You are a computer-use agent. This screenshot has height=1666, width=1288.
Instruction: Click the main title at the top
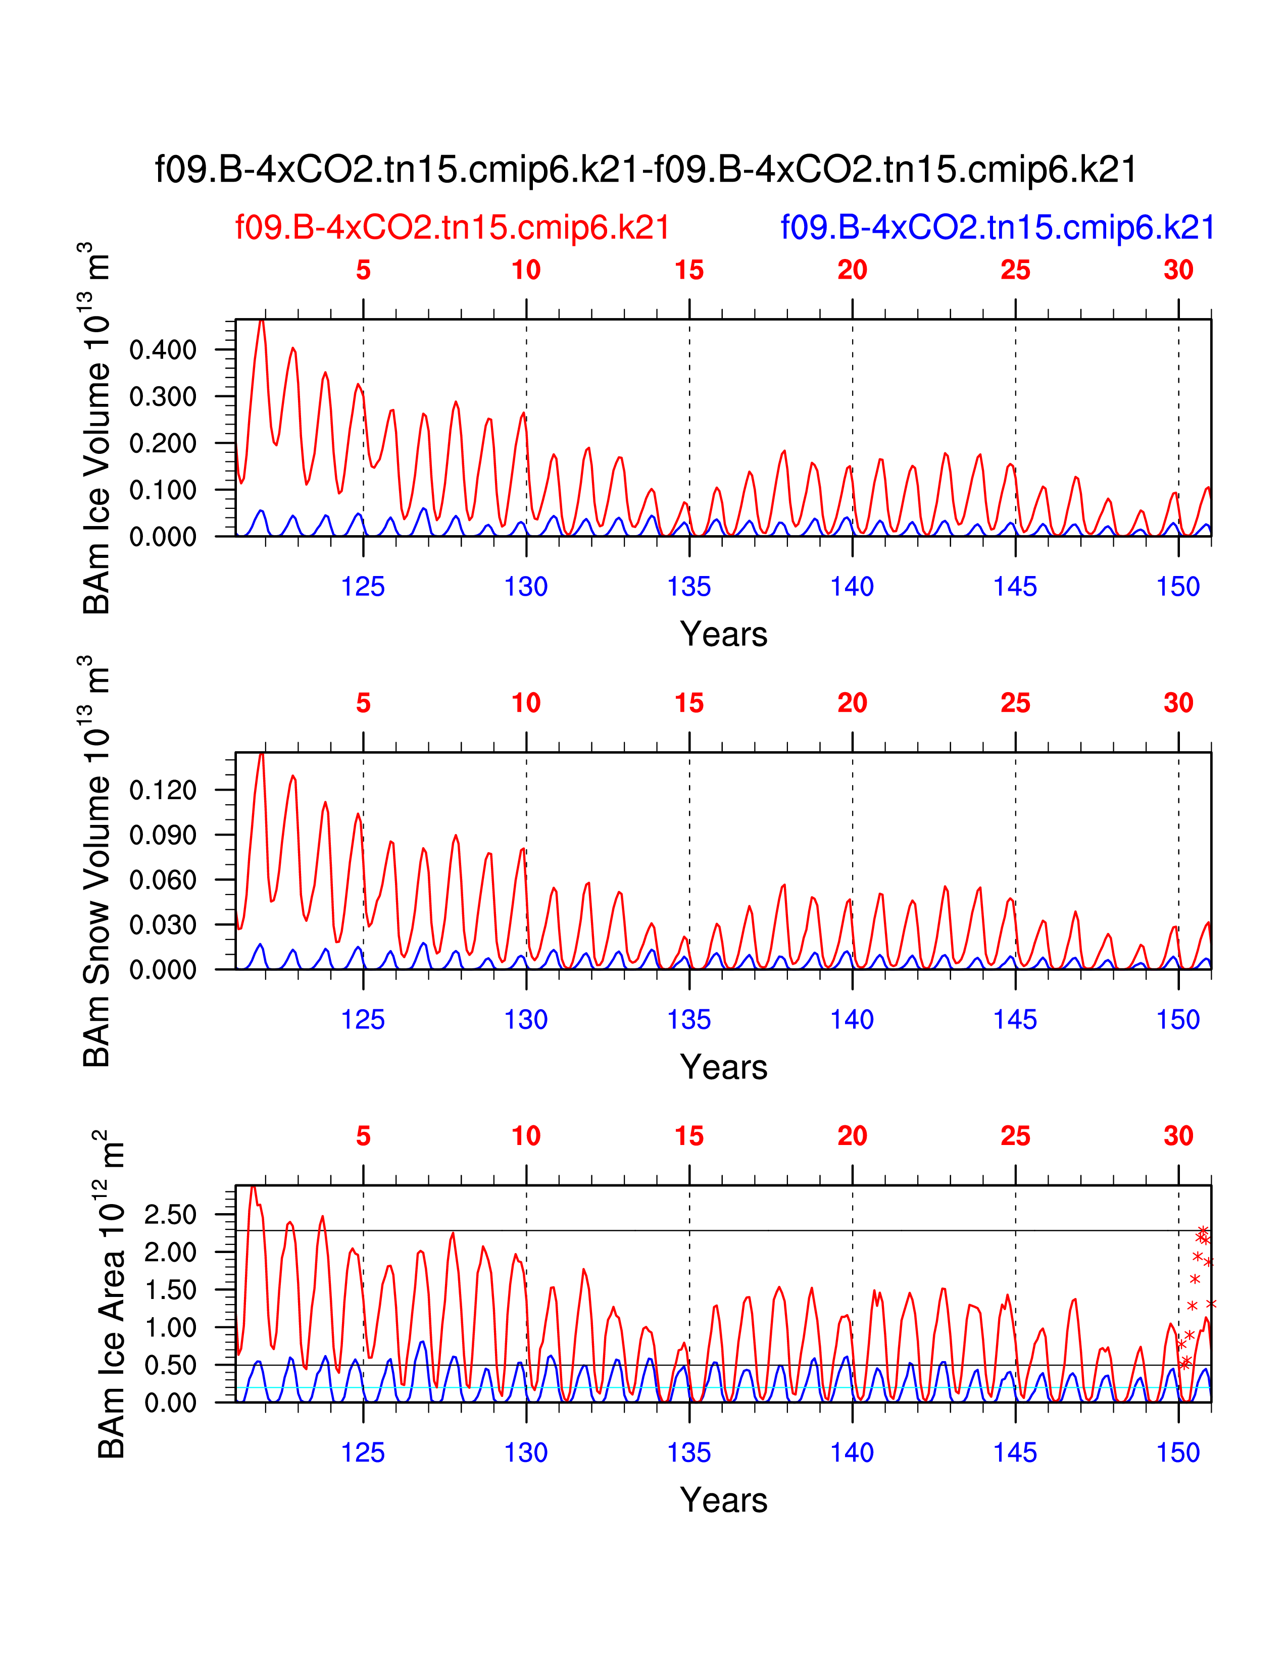pos(646,169)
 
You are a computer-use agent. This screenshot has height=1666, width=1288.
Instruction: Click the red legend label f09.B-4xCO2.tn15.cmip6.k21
pos(453,227)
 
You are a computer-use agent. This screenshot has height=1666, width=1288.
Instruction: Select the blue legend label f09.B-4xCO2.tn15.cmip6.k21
pos(997,227)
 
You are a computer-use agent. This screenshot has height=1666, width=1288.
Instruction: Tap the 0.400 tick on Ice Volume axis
pos(163,350)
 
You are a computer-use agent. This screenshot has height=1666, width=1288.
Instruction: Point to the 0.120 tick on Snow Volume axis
pos(163,790)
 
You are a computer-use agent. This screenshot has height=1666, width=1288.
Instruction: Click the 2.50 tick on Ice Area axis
pos(170,1215)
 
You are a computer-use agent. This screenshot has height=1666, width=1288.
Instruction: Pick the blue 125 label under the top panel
pos(363,587)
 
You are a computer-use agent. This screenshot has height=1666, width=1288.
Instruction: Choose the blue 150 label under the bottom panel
pos(1178,1452)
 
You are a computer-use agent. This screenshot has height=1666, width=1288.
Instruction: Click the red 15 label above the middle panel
pos(689,703)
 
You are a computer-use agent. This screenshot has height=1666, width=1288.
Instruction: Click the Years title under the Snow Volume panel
pos(723,1067)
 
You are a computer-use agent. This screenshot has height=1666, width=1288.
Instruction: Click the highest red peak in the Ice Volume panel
pos(262,321)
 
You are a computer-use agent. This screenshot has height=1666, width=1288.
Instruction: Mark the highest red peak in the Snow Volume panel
pos(262,754)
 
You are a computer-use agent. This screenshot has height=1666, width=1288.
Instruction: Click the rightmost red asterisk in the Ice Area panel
pos(1211,1304)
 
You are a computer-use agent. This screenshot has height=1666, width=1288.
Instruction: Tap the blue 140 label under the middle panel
pos(852,1020)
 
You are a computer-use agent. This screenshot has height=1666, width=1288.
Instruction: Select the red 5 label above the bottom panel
pos(363,1136)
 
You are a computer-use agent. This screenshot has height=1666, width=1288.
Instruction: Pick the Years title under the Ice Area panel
pos(723,1500)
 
